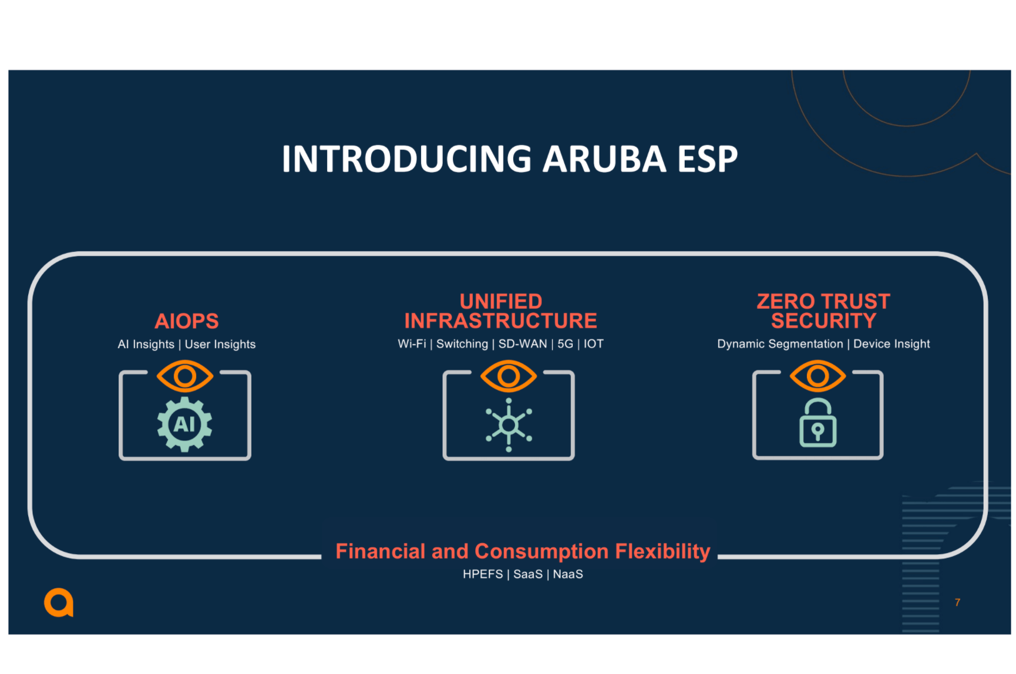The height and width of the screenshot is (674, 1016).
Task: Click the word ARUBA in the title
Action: tap(604, 159)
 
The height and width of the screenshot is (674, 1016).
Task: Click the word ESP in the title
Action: tap(707, 159)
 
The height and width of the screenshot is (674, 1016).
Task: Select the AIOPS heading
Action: tap(187, 321)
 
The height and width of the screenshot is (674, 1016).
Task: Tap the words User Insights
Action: tap(220, 344)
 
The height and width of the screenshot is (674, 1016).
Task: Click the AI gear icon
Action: tap(185, 424)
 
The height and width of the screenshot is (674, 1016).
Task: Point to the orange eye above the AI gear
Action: tap(185, 376)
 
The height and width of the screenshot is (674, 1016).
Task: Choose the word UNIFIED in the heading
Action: tap(501, 301)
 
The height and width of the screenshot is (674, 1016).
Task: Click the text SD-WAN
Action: tap(523, 343)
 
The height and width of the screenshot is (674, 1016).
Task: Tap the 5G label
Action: tap(565, 343)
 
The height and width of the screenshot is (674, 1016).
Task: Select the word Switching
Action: tap(462, 343)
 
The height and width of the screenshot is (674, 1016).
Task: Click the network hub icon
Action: tap(509, 425)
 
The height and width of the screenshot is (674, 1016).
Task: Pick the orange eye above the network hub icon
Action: tap(509, 376)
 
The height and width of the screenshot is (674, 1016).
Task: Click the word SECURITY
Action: tap(823, 321)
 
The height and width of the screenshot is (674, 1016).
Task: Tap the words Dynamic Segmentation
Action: tap(780, 343)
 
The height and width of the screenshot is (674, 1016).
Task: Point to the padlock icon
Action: tap(817, 424)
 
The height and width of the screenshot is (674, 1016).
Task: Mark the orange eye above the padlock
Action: tap(817, 376)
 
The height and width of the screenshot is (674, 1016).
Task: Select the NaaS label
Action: tap(568, 574)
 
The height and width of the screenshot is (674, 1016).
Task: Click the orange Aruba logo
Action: tap(59, 602)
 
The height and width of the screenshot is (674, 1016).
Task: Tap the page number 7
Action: tap(957, 602)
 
